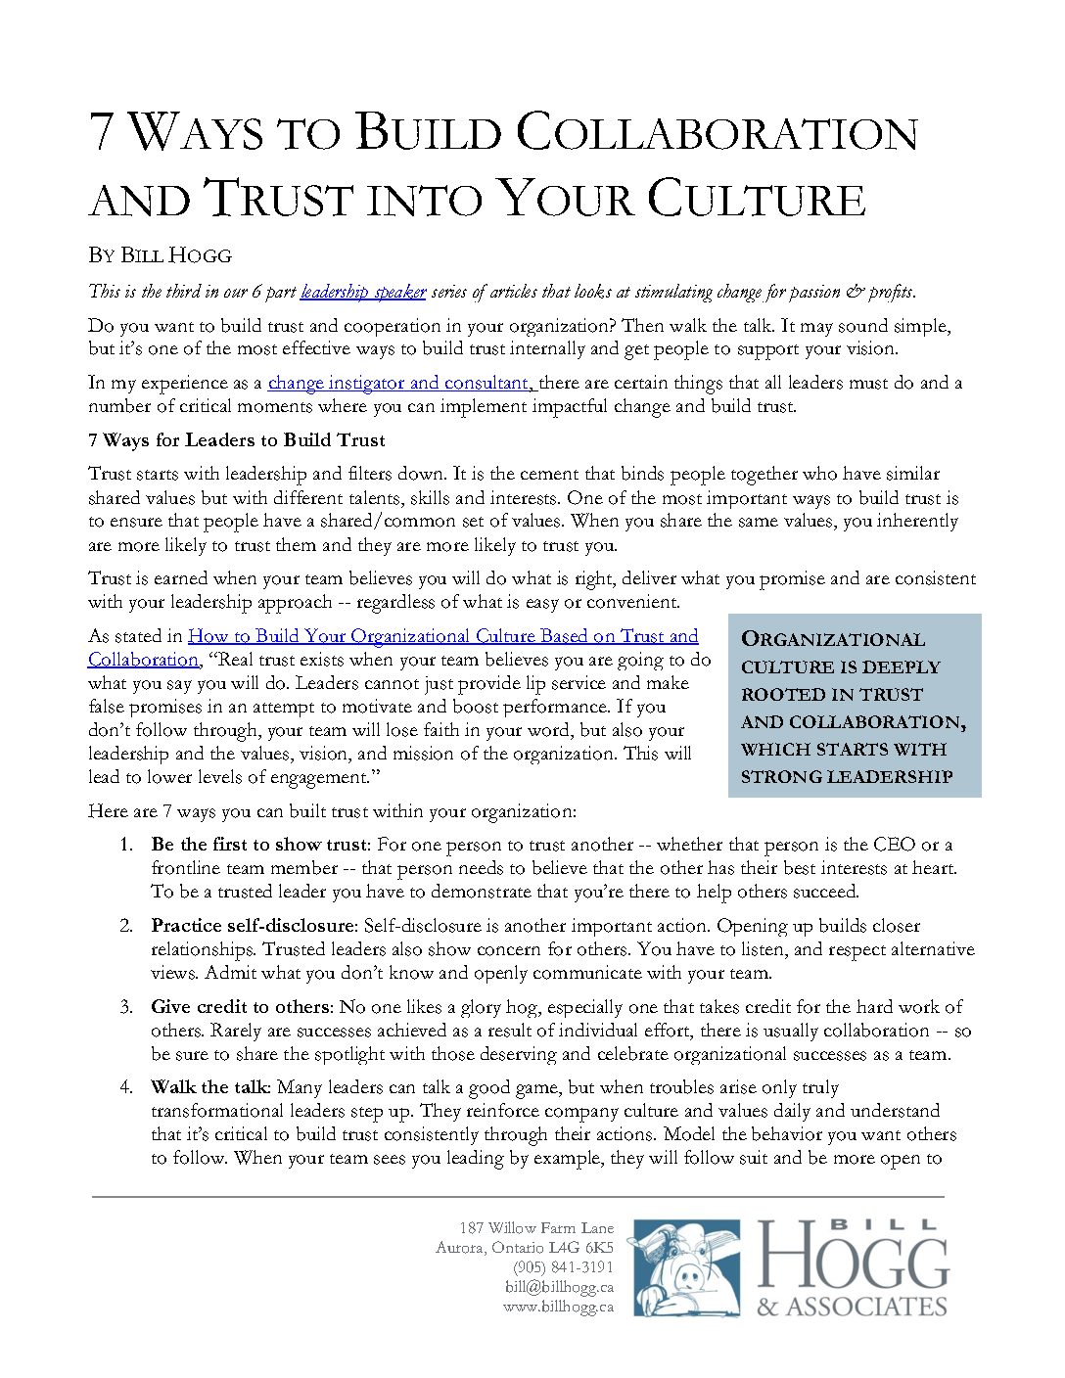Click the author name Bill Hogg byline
click(160, 255)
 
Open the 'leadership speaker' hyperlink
click(363, 292)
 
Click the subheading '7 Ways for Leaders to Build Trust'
click(237, 440)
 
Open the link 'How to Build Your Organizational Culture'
click(442, 636)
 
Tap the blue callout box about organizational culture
click(854, 706)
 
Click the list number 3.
click(125, 1007)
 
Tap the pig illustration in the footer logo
click(685, 1268)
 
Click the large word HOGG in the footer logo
click(853, 1257)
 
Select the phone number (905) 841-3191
click(564, 1267)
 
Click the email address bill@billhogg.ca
click(559, 1287)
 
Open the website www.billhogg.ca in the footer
click(558, 1307)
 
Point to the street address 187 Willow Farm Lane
click(536, 1228)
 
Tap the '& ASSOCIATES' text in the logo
click(852, 1307)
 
